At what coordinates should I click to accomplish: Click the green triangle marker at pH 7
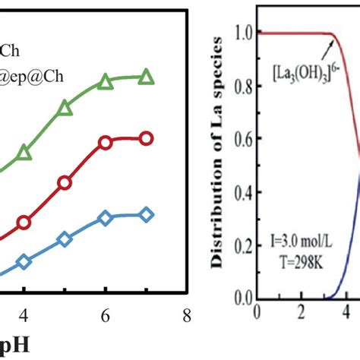[147, 77]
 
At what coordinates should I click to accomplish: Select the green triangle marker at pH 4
[24, 153]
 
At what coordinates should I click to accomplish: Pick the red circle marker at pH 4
[24, 223]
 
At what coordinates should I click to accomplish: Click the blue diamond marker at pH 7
[147, 214]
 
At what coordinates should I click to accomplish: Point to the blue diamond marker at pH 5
[65, 240]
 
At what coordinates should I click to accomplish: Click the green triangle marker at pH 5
[65, 111]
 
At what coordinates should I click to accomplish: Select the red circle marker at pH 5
[65, 182]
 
